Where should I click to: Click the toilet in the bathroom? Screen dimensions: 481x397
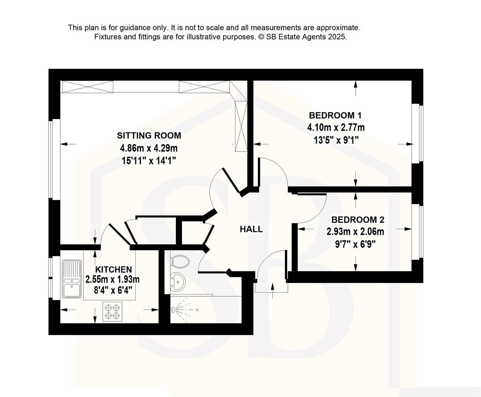(180, 262)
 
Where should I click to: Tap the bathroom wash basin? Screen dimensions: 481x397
(178, 282)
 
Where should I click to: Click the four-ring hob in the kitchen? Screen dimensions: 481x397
(112, 312)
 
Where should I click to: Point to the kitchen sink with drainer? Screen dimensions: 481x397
(72, 279)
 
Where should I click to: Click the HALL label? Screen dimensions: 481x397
(251, 229)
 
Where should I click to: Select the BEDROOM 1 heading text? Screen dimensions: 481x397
(335, 115)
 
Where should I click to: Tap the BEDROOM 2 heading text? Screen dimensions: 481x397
(358, 220)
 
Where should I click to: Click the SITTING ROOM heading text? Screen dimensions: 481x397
(149, 135)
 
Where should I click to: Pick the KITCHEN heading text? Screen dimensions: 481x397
(114, 269)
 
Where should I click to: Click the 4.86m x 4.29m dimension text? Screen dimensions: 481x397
(149, 148)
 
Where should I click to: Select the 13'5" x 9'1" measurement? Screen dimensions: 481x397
(336, 140)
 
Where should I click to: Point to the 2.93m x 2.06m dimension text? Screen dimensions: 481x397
(355, 232)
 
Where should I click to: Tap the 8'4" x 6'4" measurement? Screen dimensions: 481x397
(113, 290)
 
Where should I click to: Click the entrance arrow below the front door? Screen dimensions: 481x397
(272, 290)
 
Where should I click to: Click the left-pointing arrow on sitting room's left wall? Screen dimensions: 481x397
(68, 144)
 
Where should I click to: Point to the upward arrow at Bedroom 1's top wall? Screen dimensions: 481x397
(356, 88)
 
